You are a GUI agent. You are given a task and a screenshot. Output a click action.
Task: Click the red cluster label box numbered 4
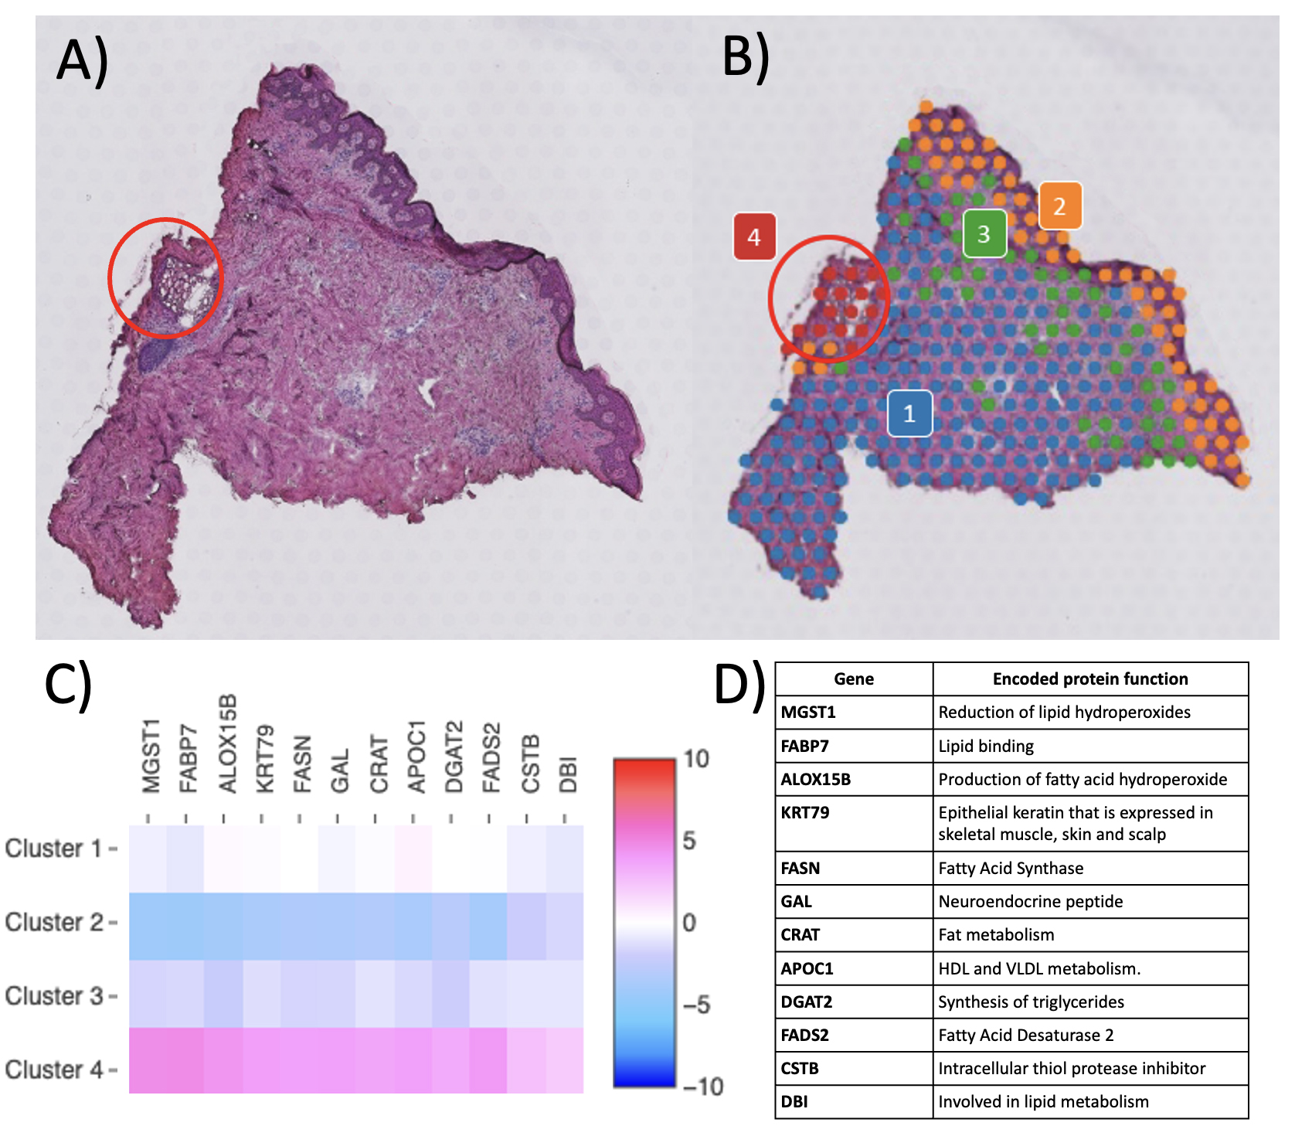pyautogui.click(x=754, y=236)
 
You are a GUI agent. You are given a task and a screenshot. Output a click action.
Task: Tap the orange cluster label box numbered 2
pyautogui.click(x=1059, y=206)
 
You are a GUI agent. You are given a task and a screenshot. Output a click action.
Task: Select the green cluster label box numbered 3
pyautogui.click(x=984, y=233)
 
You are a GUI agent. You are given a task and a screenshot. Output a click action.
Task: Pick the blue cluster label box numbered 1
pyautogui.click(x=909, y=413)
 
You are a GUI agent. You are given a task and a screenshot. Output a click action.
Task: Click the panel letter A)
pyautogui.click(x=82, y=61)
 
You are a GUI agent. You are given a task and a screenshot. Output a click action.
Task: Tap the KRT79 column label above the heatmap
pyautogui.click(x=264, y=759)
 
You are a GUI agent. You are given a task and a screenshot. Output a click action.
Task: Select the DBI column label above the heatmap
pyautogui.click(x=568, y=774)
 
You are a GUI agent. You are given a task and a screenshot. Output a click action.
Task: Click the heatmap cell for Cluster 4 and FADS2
pyautogui.click(x=488, y=1060)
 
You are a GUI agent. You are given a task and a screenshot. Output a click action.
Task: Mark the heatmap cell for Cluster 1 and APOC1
pyautogui.click(x=413, y=859)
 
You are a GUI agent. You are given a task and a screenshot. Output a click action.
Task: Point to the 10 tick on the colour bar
pyautogui.click(x=695, y=759)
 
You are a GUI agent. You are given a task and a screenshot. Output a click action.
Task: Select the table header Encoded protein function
pyautogui.click(x=1089, y=679)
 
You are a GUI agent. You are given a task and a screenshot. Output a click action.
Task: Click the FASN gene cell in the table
pyautogui.click(x=800, y=868)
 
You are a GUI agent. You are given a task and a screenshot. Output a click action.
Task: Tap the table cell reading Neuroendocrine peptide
pyautogui.click(x=1030, y=901)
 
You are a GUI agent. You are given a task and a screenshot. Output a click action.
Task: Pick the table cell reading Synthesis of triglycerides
pyautogui.click(x=1031, y=1002)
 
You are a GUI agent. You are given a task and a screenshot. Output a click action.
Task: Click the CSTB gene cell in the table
pyautogui.click(x=800, y=1068)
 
